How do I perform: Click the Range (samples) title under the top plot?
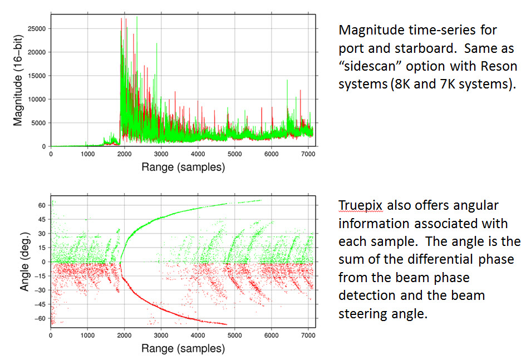(183, 167)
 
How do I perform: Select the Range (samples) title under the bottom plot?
(183, 349)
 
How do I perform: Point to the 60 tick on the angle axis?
(41, 205)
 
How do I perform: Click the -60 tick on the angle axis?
(40, 318)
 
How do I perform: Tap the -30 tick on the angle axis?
(40, 290)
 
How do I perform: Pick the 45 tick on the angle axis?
(41, 219)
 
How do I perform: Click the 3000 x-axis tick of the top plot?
(161, 154)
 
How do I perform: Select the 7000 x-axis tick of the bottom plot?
(308, 336)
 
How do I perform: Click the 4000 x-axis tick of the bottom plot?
(198, 336)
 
